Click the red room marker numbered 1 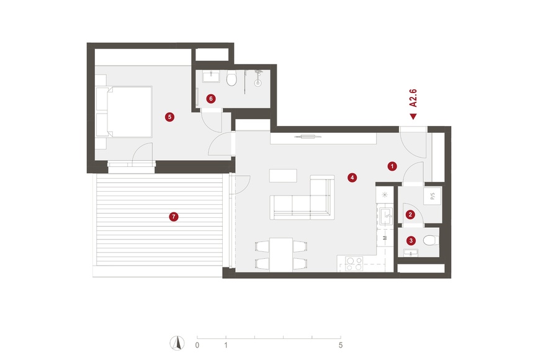click(392, 166)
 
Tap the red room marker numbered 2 click(410, 215)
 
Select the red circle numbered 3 click(411, 241)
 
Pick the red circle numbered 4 click(352, 178)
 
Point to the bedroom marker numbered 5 click(169, 117)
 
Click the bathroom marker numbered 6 click(211, 99)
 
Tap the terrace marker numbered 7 click(174, 217)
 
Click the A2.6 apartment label click(413, 98)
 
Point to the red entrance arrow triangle click(413, 117)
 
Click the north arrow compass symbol click(177, 343)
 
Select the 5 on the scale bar click(341, 345)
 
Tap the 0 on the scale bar click(197, 345)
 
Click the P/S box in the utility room click(433, 196)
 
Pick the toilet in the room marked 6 click(231, 79)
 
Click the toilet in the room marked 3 click(431, 240)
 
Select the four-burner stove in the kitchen click(354, 264)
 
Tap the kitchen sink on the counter click(387, 216)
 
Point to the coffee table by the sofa click(283, 176)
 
